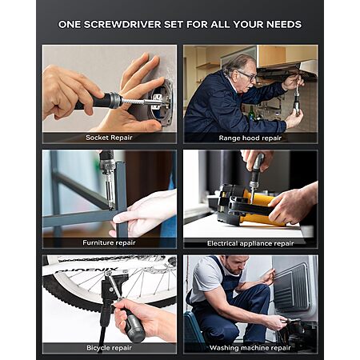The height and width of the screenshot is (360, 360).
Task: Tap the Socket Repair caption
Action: [x=109, y=138]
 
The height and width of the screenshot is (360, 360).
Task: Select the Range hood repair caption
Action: [x=250, y=138]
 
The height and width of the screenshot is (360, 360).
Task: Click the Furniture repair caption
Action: [x=109, y=242]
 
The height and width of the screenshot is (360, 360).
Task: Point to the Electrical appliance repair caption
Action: [x=250, y=243]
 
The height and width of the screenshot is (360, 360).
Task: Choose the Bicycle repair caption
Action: [x=109, y=348]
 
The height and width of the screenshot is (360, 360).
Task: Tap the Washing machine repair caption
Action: [x=250, y=348]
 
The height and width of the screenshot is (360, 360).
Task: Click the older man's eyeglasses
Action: [x=247, y=76]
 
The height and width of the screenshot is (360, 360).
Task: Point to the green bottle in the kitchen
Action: [x=251, y=114]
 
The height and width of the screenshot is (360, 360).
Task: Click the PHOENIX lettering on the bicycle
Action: [x=86, y=270]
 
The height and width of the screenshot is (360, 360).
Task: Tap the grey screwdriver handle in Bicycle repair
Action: [x=134, y=326]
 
